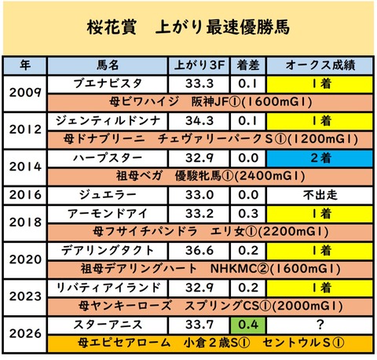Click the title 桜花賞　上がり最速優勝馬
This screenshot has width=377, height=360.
tap(188, 27)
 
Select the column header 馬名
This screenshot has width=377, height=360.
tap(108, 65)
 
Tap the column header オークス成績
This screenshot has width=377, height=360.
tap(320, 65)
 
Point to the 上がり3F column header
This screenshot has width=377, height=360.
tap(199, 65)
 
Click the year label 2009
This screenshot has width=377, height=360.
tap(25, 93)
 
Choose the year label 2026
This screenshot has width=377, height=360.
tap(25, 334)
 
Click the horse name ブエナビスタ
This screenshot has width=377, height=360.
tap(108, 84)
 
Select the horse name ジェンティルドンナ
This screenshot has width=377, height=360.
tap(108, 121)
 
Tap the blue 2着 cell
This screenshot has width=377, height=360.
tap(320, 158)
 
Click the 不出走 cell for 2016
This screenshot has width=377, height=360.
tap(320, 195)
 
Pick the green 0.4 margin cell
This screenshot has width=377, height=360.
tap(248, 325)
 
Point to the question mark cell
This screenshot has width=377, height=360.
tap(320, 325)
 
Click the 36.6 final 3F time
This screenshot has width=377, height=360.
tap(199, 251)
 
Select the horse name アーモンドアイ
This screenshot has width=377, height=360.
tap(108, 214)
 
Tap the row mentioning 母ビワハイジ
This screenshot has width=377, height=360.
tap(210, 102)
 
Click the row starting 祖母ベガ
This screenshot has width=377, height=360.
tap(210, 176)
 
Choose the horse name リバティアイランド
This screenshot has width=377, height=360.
tap(108, 288)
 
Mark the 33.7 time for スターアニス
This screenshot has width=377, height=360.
tap(199, 325)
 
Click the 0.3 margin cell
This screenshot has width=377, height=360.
tap(248, 214)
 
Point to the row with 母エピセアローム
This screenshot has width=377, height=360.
tap(210, 343)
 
